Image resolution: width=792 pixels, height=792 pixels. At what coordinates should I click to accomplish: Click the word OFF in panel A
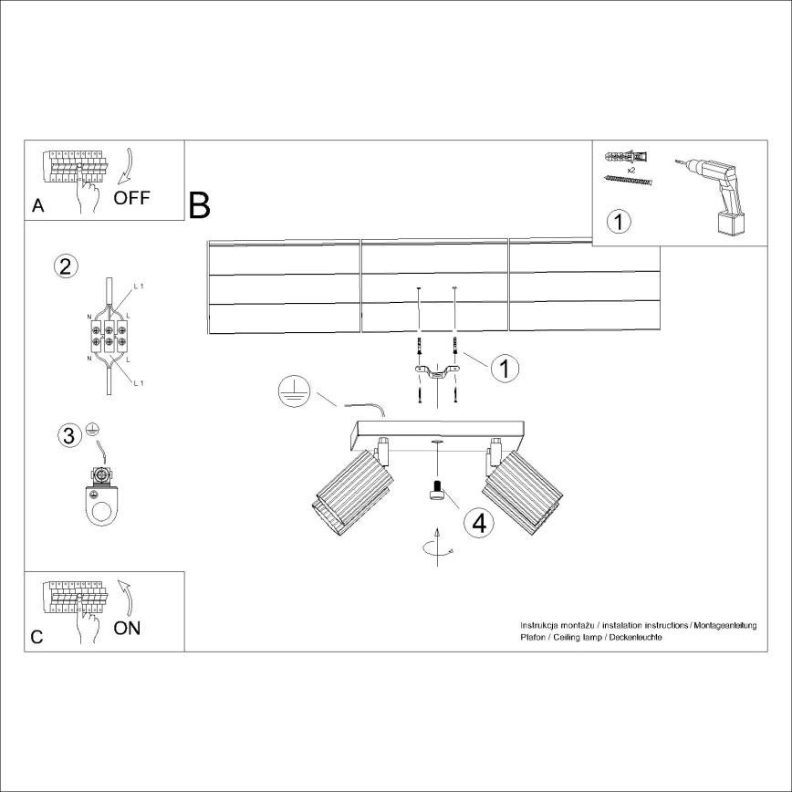coord(131,198)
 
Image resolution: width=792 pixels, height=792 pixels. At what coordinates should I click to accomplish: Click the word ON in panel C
coord(127,629)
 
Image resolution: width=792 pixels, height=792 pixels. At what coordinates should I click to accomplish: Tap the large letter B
coord(199,206)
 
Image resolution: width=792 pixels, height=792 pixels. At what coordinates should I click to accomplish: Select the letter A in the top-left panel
coord(37,206)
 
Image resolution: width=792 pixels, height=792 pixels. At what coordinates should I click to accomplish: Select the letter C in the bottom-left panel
coord(36,637)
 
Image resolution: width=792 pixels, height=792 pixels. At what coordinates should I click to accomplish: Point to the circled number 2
coord(65,266)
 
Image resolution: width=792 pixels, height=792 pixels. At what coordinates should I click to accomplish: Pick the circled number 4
coord(478,523)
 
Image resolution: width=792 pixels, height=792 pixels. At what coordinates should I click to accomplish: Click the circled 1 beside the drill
coord(619,222)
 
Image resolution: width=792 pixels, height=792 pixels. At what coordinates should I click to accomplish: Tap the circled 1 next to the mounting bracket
coord(505,368)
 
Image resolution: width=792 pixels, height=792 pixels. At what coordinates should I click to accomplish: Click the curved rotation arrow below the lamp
coord(435,546)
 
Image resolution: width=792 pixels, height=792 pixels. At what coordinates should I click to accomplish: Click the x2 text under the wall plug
coord(630,170)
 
